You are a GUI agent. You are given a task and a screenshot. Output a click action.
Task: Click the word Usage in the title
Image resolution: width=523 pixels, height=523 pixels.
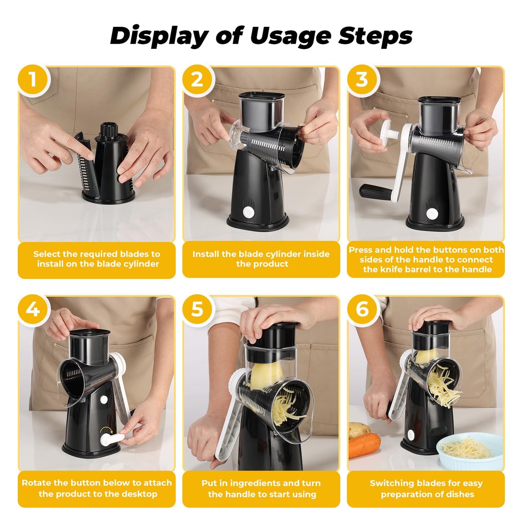click(290, 36)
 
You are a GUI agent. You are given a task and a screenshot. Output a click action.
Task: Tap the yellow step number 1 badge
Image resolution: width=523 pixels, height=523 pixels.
click(33, 79)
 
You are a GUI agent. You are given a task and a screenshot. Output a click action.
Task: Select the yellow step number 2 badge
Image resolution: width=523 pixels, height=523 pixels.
click(197, 79)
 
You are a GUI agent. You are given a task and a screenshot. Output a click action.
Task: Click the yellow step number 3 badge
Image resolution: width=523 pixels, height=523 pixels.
click(362, 79)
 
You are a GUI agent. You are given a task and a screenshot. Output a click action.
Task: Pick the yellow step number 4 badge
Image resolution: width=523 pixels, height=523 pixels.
click(33, 309)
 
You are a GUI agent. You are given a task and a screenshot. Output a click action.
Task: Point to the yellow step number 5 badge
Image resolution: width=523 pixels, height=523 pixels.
click(197, 309)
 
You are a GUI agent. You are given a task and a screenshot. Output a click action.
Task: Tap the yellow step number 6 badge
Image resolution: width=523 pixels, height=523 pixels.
click(362, 309)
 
